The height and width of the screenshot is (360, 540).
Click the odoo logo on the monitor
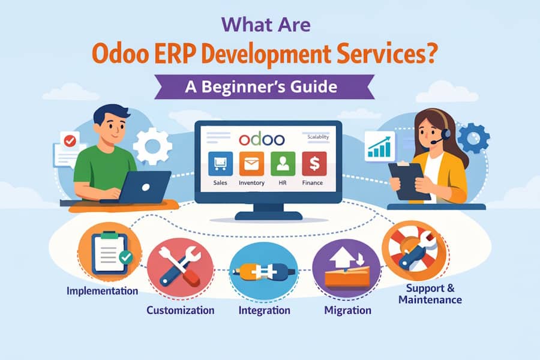click(x=261, y=139)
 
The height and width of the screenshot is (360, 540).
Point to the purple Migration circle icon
click(x=347, y=268)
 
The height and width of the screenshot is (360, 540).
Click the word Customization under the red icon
click(x=181, y=310)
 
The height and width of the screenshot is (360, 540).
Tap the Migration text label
click(x=347, y=310)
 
